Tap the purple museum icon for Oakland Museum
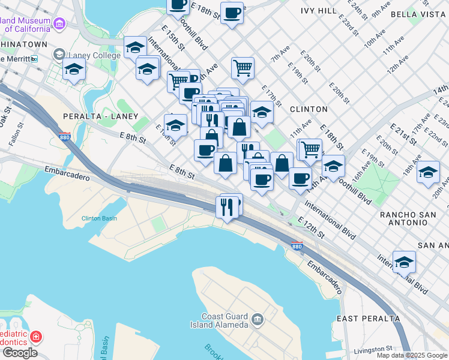[59, 24]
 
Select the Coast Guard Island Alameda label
[225, 320]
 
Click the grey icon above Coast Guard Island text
[258, 319]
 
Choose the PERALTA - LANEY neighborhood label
[101, 116]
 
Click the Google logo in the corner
[19, 352]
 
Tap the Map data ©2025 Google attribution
[412, 355]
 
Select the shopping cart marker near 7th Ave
[243, 67]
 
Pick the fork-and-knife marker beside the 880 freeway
[227, 208]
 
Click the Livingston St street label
[372, 347]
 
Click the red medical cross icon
[36, 337]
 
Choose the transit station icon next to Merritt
[34, 59]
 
